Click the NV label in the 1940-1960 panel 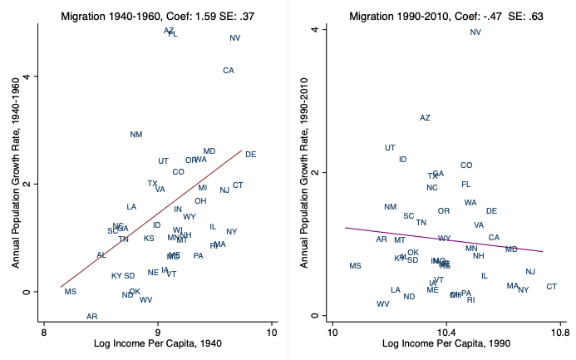point(235,38)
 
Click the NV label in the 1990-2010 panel point(475,32)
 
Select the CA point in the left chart point(229,71)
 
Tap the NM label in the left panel point(136,135)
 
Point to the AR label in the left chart point(92,317)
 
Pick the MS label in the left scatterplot point(71,292)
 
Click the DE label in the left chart point(251,155)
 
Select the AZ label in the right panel point(426,118)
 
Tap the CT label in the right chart point(551,287)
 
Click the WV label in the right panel point(382,304)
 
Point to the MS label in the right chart point(356,266)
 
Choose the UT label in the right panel point(391,148)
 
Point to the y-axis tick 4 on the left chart point(35,76)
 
